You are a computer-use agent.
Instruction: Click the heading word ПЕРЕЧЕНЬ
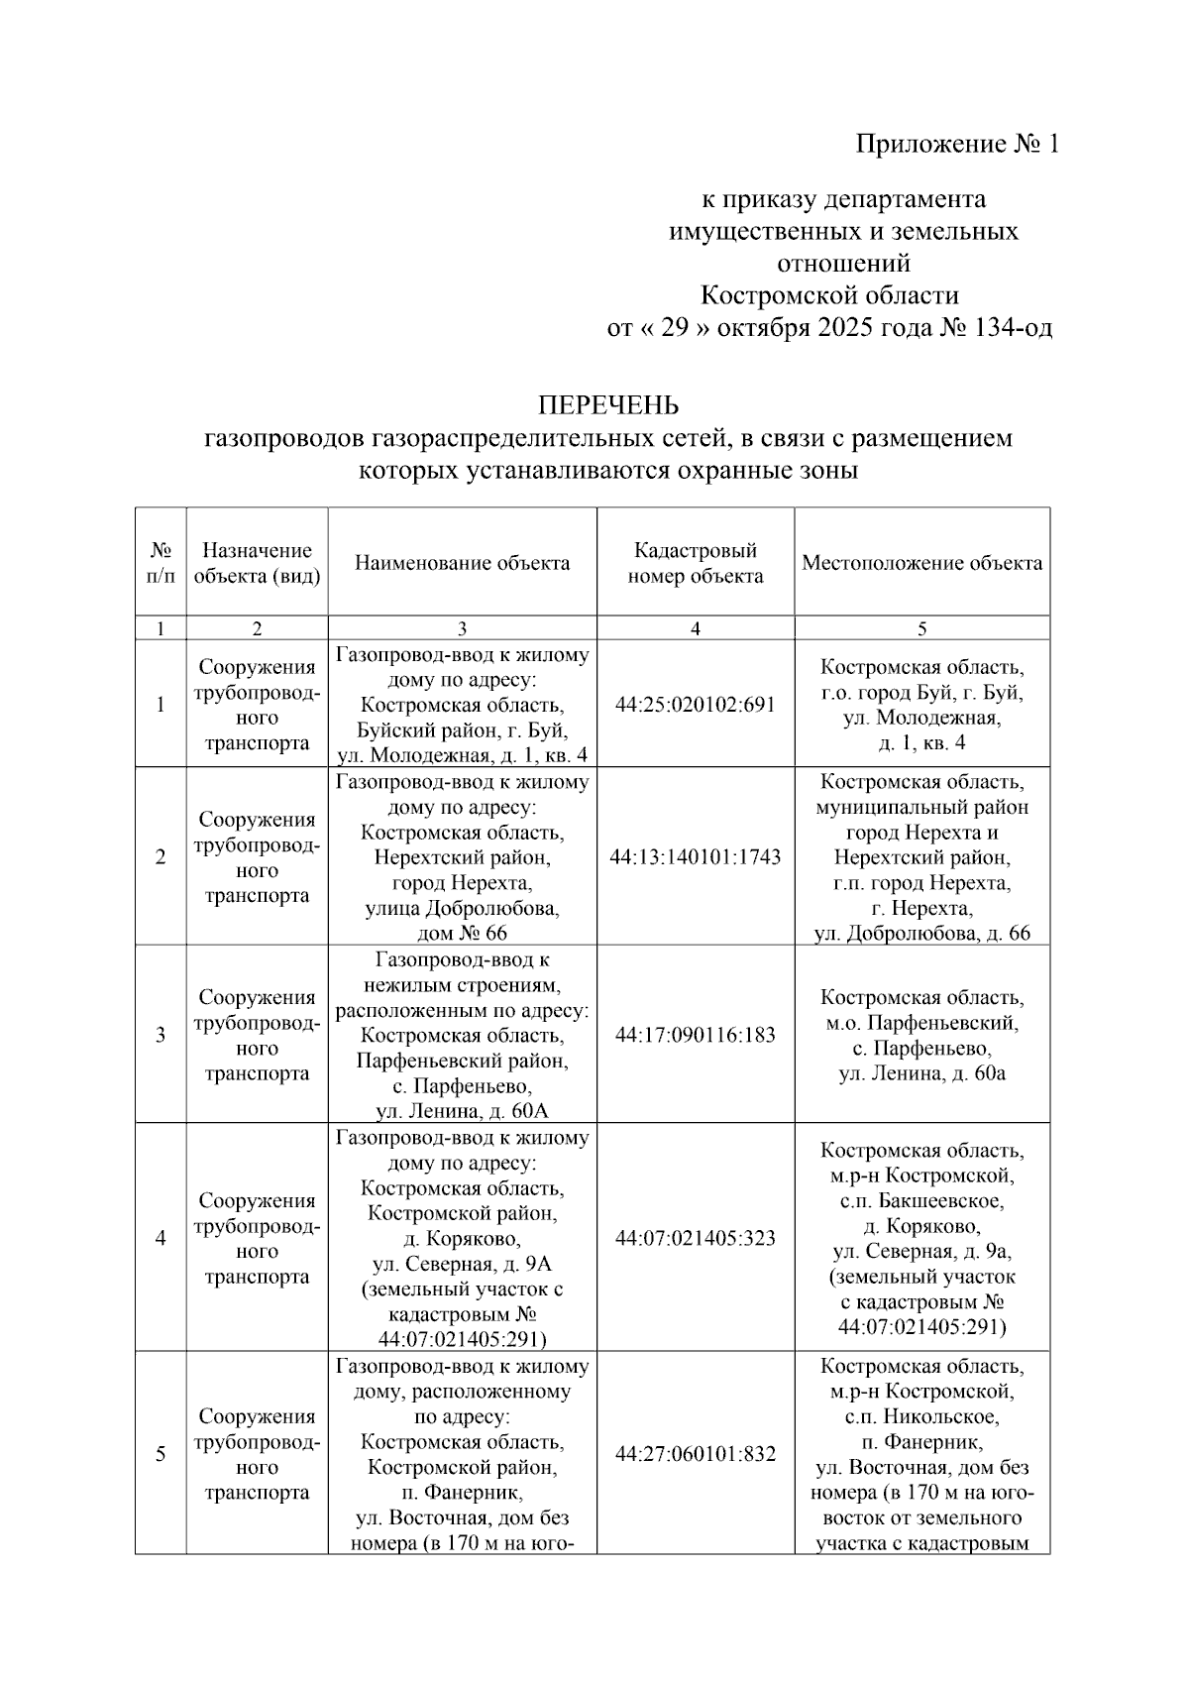point(607,405)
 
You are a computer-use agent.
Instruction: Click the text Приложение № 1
point(957,145)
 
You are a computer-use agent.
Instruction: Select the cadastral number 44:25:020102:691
point(695,705)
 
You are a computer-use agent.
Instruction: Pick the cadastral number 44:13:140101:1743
point(695,856)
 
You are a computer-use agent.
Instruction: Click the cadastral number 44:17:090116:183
point(695,1035)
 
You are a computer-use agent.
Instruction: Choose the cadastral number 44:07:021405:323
point(695,1238)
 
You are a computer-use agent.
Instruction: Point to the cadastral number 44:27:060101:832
point(695,1454)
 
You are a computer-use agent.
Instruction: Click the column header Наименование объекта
point(462,563)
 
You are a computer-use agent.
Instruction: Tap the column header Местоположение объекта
point(921,563)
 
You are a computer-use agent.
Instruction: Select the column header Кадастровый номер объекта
point(695,563)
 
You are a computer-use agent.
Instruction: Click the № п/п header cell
point(161,563)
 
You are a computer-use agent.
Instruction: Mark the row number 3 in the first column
point(161,1035)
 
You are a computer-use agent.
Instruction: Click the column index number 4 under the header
point(695,628)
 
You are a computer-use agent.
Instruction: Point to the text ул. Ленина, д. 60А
point(462,1111)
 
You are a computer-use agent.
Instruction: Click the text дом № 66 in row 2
point(462,933)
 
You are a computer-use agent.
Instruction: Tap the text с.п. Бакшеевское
point(921,1201)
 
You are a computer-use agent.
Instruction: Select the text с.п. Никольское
point(921,1416)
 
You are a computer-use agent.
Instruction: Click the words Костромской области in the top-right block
point(829,295)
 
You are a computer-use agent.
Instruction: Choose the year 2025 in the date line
point(847,328)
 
